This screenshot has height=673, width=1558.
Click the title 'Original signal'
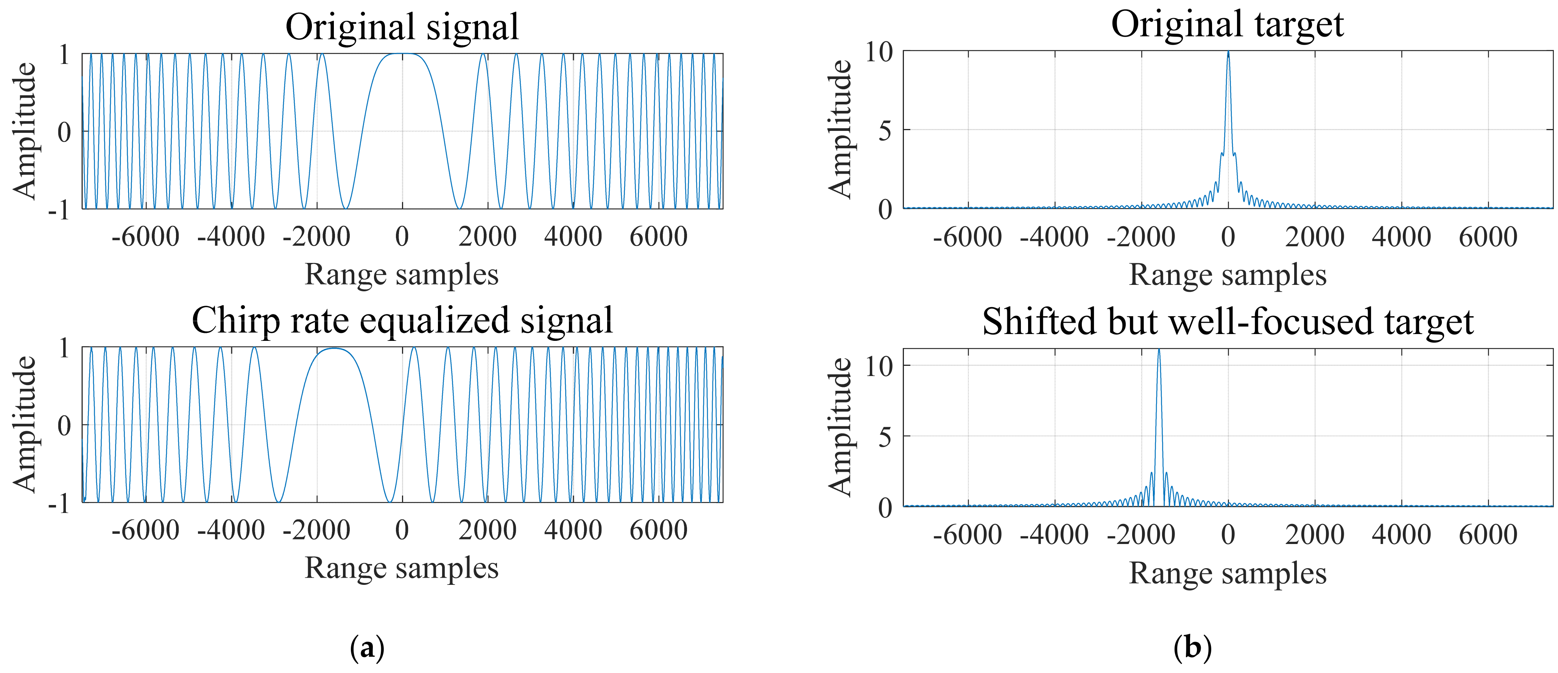[x=402, y=27]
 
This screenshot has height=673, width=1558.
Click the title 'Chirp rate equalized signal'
[x=402, y=320]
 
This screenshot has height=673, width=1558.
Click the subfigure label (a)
[x=367, y=648]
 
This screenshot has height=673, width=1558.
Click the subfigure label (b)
[x=1192, y=648]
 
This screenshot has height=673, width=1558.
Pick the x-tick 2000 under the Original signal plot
[x=488, y=236]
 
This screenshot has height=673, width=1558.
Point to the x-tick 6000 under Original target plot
[x=1488, y=236]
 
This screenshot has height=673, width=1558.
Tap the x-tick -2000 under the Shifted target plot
[x=1141, y=535]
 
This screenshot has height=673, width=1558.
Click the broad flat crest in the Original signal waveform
[x=402, y=55]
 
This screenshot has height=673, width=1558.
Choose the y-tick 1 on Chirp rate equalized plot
[x=64, y=348]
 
